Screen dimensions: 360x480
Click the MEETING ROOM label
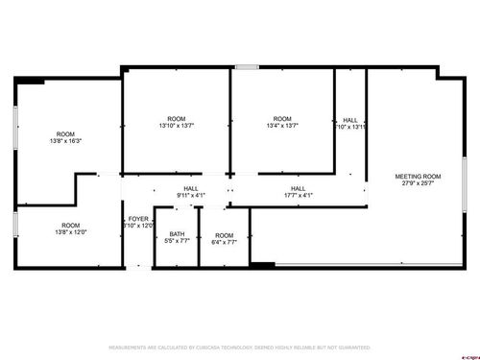419,176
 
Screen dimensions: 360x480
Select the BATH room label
177,233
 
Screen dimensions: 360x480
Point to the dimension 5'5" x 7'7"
177,240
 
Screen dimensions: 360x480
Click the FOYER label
138,219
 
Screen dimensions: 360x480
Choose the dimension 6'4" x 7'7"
224,242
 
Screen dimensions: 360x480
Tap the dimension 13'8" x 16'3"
65,141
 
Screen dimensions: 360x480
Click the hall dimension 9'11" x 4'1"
191,195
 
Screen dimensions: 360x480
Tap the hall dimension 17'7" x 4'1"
298,195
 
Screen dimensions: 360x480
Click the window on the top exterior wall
247,66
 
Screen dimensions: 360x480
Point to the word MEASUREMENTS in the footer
130,347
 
